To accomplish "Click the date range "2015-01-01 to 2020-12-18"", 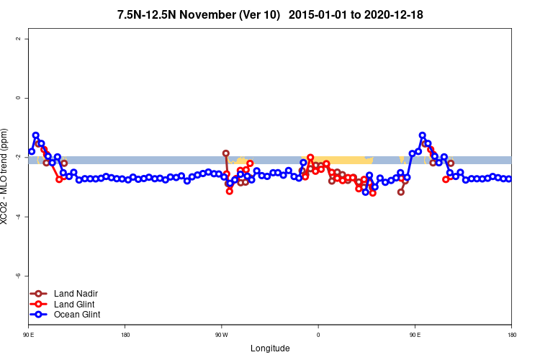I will pos(366,14).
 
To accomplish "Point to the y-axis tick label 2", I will pos(17,38).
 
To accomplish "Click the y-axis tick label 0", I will pos(17,98).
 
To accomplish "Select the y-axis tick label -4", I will pos(17,217).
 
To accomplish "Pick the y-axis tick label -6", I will pos(17,276).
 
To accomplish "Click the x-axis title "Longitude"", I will pos(270,348).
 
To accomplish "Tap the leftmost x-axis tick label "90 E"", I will pos(28,334).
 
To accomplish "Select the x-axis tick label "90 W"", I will pos(221,334).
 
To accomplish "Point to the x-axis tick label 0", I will pos(318,334).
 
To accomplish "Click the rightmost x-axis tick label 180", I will pos(511,334).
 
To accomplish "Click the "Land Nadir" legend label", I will pos(76,294).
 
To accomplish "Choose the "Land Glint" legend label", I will pos(76,304).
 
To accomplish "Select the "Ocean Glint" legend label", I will pos(77,315).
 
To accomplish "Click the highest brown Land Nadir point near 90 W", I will pos(226,153).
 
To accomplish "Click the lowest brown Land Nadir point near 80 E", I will pos(401,192).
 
